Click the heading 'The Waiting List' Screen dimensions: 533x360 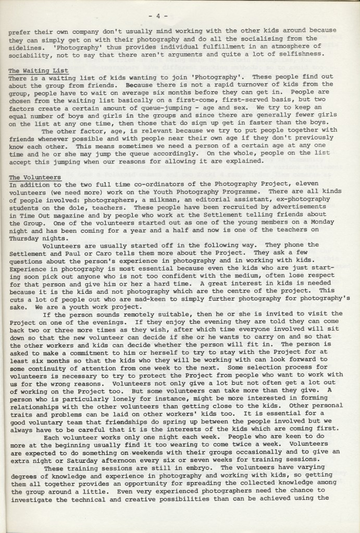[x=39, y=70]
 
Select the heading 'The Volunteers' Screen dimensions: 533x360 [x=35, y=177]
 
